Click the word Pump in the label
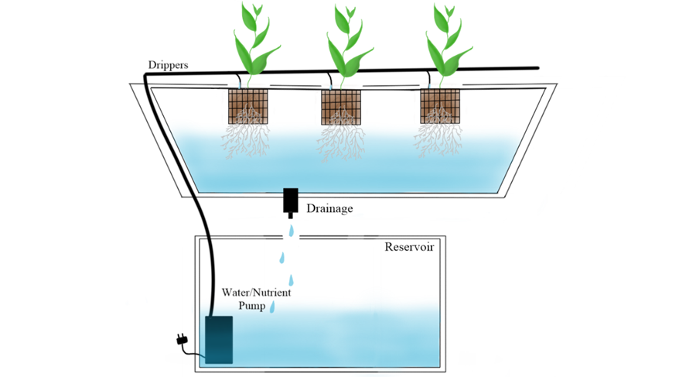point(251,306)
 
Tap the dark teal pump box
point(218,339)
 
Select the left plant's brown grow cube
point(248,106)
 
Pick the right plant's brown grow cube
point(439,106)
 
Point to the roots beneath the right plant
point(438,139)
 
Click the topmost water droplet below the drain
point(291,231)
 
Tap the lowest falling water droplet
point(272,307)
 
